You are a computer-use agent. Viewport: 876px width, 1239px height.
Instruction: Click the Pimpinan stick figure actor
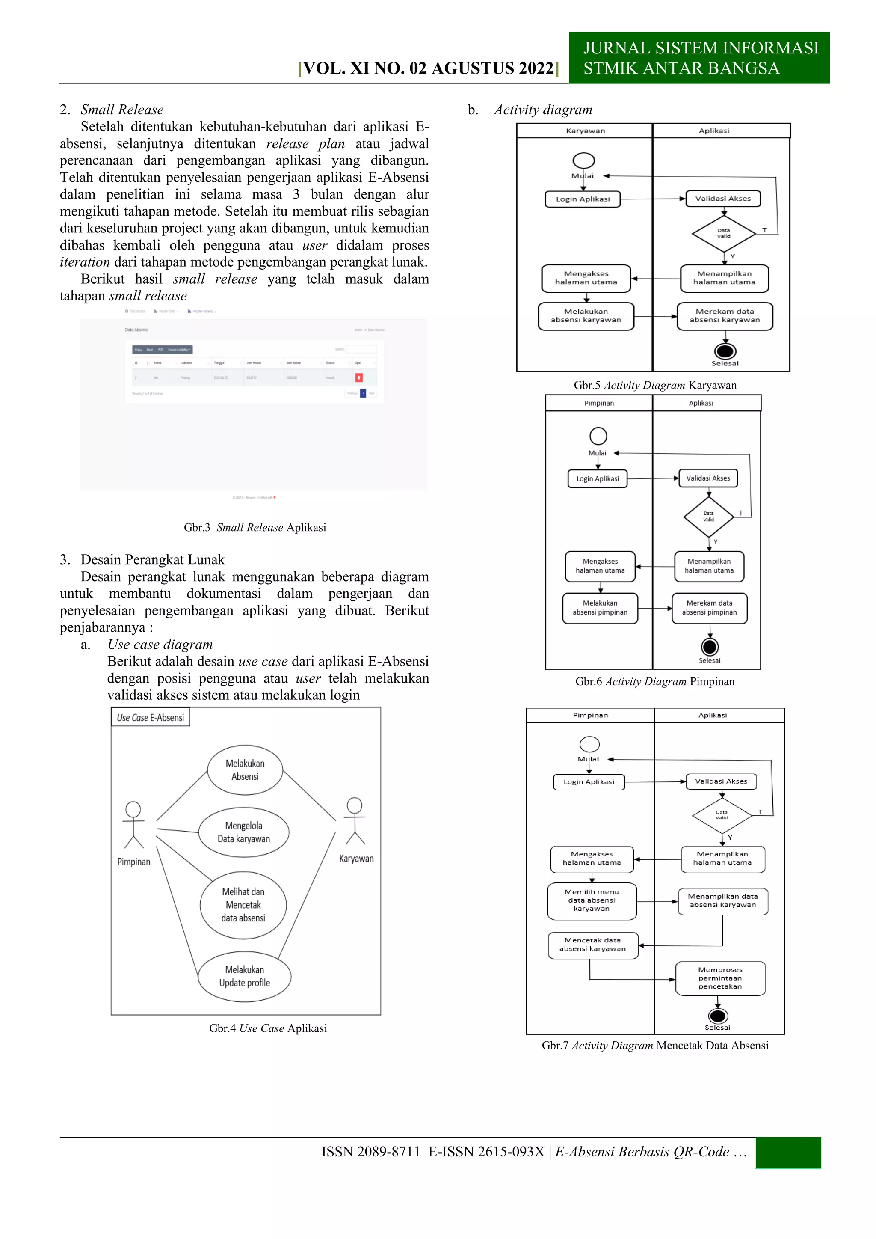(133, 825)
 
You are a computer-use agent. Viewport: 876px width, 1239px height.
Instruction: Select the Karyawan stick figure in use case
(355, 821)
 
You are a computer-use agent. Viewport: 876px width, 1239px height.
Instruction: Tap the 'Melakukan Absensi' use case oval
(245, 770)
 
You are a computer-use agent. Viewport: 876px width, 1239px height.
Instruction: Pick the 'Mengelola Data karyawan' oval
(244, 832)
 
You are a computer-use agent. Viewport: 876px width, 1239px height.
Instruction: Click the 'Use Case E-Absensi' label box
(151, 718)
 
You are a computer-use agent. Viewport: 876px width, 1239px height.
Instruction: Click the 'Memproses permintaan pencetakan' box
(720, 978)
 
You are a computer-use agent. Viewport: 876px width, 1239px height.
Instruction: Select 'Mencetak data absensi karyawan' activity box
(592, 945)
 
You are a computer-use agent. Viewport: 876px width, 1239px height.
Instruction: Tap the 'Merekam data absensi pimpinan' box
(709, 608)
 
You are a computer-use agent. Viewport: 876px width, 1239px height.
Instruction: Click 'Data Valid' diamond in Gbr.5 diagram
(723, 233)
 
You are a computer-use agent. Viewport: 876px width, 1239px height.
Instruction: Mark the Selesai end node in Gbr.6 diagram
(709, 647)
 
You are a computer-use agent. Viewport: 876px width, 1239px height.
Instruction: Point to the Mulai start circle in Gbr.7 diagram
(589, 744)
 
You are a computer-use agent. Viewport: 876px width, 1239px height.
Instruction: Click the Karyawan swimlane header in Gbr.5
(585, 131)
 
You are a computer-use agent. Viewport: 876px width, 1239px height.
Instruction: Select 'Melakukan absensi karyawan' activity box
(586, 316)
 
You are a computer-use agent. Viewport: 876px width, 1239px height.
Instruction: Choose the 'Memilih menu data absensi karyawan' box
(592, 900)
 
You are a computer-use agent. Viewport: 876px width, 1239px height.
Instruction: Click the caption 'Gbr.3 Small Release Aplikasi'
(255, 527)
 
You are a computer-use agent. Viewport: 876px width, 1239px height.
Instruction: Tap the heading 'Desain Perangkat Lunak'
(152, 560)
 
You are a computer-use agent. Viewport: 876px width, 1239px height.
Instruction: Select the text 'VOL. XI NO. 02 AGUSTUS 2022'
(428, 68)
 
